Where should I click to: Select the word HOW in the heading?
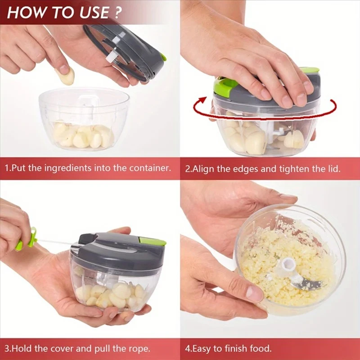27,12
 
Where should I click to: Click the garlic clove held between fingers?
66,76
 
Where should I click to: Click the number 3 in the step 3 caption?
7,348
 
